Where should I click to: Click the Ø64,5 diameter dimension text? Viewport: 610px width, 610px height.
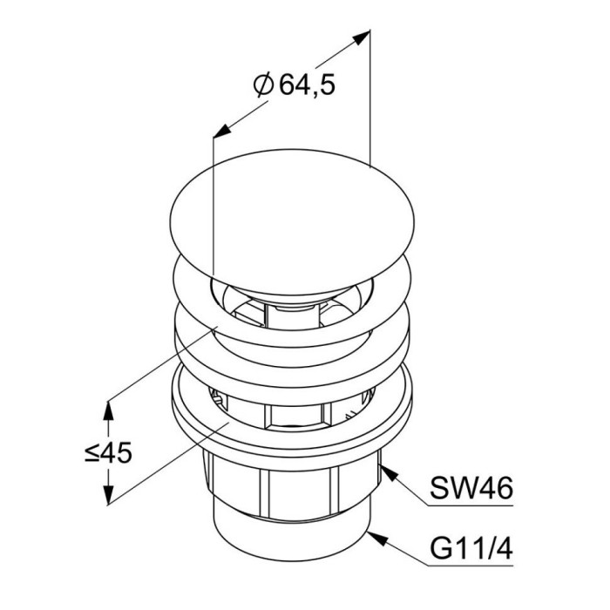point(294,85)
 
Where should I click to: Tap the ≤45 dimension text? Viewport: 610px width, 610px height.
point(109,453)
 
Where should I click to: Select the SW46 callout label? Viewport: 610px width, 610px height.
point(471,489)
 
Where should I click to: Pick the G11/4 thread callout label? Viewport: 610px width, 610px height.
point(471,548)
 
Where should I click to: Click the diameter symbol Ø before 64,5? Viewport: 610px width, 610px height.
point(263,85)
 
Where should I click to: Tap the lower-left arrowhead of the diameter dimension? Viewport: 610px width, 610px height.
point(222,131)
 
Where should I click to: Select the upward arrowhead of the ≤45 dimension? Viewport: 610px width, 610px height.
point(108,411)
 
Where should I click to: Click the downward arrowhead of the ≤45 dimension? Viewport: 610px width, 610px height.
point(109,494)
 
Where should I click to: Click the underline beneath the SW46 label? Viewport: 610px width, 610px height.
point(471,505)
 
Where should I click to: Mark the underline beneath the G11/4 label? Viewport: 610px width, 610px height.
point(471,566)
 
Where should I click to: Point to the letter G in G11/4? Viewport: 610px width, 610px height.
point(440,548)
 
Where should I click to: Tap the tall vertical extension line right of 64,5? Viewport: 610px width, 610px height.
point(369,98)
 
